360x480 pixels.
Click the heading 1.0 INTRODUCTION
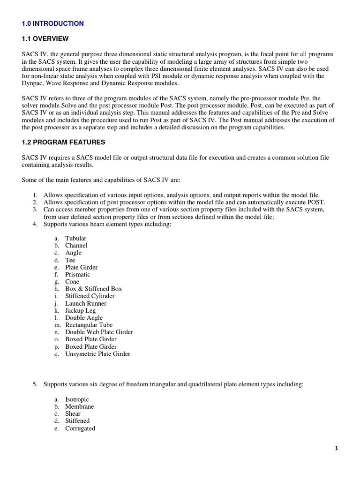tap(53, 23)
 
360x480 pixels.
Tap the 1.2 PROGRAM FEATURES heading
tap(64, 142)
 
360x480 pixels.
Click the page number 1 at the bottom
tap(336, 448)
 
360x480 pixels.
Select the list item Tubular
tap(75, 238)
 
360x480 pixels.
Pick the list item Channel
tap(76, 246)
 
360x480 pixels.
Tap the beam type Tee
tap(70, 260)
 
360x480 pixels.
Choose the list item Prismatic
tap(77, 274)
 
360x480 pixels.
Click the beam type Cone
tap(72, 282)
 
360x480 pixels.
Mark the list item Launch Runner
tap(85, 303)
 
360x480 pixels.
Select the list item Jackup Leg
tap(80, 310)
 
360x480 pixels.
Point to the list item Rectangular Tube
tap(89, 325)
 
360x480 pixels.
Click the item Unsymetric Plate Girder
tap(97, 354)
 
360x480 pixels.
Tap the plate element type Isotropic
tap(77, 399)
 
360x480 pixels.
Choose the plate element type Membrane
tap(79, 406)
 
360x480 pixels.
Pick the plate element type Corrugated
tap(80, 428)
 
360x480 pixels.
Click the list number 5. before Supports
tap(35, 384)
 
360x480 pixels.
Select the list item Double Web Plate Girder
tap(99, 332)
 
